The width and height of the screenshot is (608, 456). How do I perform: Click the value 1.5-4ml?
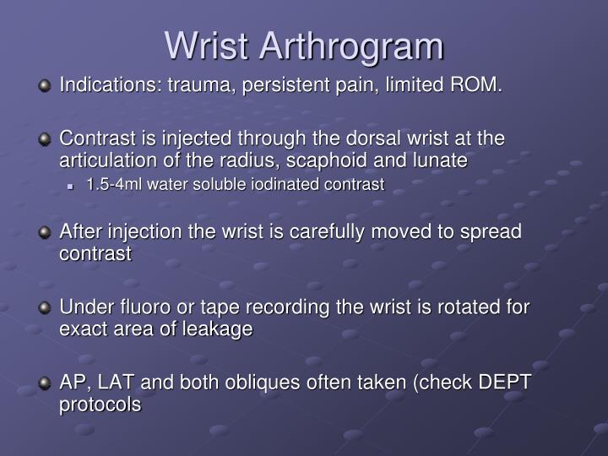pos(115,184)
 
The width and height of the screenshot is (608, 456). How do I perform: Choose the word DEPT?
pos(505,383)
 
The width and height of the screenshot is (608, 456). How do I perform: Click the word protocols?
pos(100,405)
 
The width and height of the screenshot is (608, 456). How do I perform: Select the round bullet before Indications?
pos(46,85)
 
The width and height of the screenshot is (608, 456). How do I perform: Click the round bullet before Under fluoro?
pos(46,307)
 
